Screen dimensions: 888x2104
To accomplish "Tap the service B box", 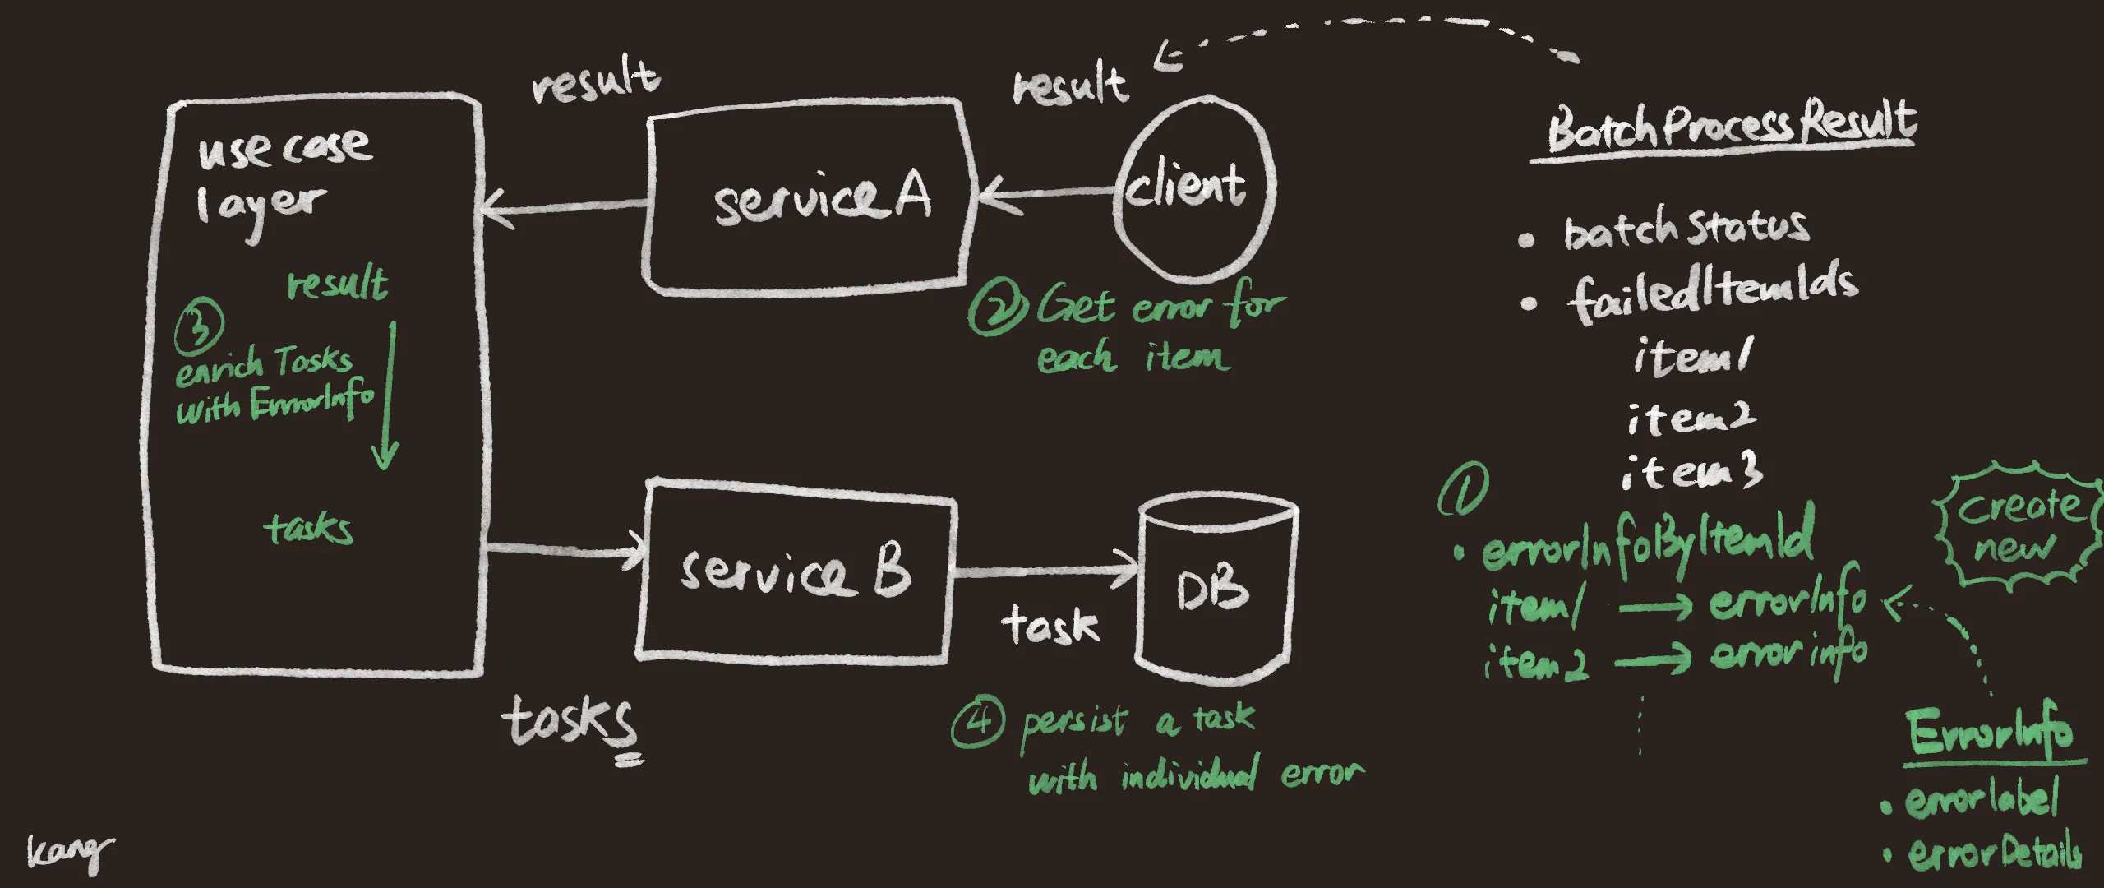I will [x=796, y=571].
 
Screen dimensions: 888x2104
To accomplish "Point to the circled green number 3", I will [x=199, y=322].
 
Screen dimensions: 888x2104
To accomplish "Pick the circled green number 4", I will [x=977, y=722].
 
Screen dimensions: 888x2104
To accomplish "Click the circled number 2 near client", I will [x=997, y=308].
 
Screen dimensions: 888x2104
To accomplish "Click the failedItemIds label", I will [x=1714, y=288].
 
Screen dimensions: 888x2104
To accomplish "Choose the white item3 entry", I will [x=1691, y=473].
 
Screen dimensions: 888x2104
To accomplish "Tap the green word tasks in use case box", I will [x=308, y=528].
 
